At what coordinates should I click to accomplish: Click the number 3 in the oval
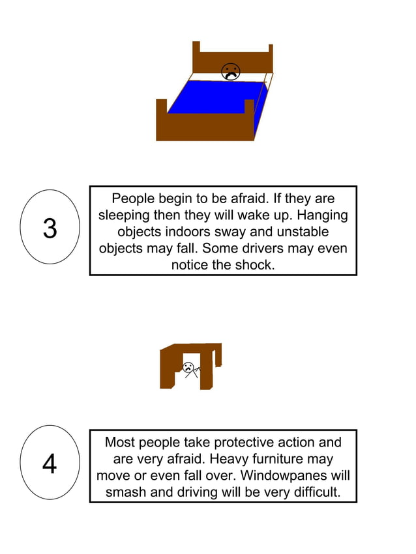tap(50, 229)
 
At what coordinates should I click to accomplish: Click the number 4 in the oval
tap(50, 464)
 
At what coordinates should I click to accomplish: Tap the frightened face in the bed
tap(230, 72)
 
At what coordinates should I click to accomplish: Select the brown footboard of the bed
tap(204, 126)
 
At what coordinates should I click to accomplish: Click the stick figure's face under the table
tap(188, 367)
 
